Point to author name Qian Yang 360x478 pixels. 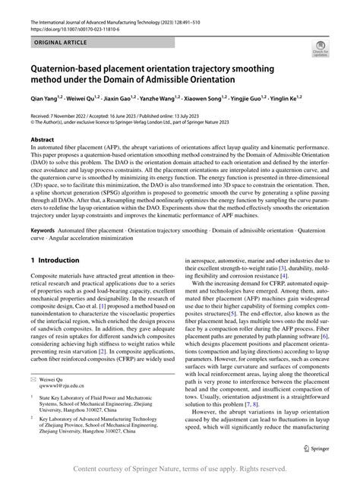pyautogui.click(x=43, y=100)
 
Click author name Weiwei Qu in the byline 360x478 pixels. pyautogui.click(x=79, y=100)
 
